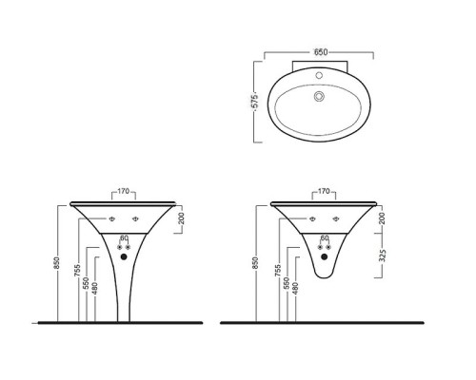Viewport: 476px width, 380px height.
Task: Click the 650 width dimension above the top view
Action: pos(321,52)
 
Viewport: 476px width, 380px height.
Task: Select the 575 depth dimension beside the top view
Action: pos(256,102)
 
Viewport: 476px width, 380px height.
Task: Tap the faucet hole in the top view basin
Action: pos(319,75)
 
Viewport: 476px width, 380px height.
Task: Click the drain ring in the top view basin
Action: pos(319,96)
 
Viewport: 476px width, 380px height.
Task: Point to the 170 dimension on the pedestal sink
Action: pos(124,191)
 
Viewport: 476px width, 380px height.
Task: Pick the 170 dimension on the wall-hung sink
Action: pos(324,191)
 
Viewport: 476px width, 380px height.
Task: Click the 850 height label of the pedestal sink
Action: pos(56,263)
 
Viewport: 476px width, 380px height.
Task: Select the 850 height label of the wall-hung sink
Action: pos(256,263)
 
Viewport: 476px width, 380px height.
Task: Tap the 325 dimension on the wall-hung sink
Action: pos(383,256)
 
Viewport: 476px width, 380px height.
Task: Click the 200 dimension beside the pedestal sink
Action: pos(182,218)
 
